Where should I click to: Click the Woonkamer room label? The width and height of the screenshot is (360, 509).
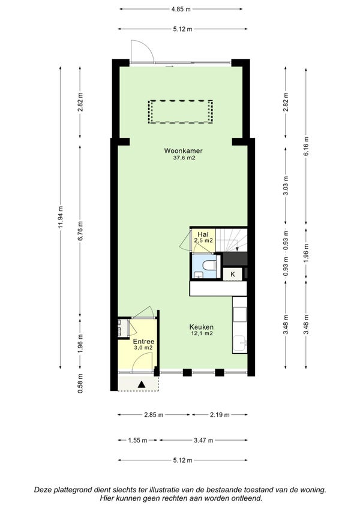[x=183, y=150]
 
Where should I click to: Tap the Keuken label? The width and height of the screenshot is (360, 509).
[x=202, y=327]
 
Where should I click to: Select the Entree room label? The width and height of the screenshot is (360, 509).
[x=143, y=342]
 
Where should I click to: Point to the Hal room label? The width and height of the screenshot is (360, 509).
[x=203, y=234]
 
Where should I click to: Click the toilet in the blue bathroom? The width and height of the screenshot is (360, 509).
[x=210, y=264]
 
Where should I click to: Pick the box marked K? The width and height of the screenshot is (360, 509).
[x=233, y=275]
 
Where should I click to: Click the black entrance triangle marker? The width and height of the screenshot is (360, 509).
[x=142, y=384]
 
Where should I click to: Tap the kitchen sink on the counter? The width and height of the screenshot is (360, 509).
[x=241, y=344]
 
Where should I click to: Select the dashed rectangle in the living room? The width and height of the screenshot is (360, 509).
[x=181, y=112]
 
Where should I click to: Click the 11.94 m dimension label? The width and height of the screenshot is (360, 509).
[x=61, y=218]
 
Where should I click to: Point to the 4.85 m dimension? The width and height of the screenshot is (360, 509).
[x=181, y=9]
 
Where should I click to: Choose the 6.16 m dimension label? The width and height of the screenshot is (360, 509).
[x=306, y=146]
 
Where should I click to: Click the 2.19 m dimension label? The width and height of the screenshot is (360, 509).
[x=220, y=414]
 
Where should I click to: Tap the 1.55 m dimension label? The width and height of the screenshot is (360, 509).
[x=137, y=441]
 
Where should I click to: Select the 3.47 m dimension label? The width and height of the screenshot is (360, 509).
[x=203, y=441]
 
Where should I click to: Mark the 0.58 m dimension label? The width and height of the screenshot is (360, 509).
[x=80, y=383]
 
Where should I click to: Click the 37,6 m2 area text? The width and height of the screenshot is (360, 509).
[x=184, y=158]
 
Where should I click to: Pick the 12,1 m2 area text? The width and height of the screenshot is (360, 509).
[x=202, y=333]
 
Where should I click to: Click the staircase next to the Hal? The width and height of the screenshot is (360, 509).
[x=232, y=240]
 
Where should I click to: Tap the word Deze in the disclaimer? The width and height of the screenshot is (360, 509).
[x=41, y=490]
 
